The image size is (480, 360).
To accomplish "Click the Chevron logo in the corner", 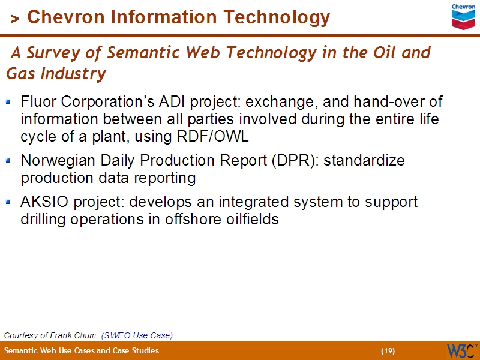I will [x=463, y=16].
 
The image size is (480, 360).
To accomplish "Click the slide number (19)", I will [x=388, y=350].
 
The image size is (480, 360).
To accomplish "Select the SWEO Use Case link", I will [x=137, y=335].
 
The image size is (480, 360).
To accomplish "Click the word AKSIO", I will [x=40, y=202].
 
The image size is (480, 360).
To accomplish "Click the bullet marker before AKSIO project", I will [x=8, y=202].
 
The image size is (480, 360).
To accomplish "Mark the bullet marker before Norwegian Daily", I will [x=8, y=161].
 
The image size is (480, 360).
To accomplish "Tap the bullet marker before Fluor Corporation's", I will [x=8, y=101].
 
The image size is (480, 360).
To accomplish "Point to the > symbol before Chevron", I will [x=16, y=19].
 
